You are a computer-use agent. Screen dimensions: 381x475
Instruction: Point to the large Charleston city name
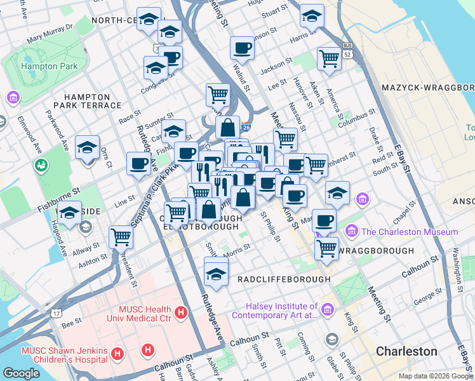[406, 351]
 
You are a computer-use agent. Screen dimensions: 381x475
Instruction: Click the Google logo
[21, 373]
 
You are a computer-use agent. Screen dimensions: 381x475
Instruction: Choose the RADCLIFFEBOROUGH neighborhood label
[284, 279]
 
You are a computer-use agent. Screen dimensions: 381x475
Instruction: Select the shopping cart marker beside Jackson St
[329, 58]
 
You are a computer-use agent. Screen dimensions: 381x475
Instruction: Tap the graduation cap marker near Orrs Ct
[87, 148]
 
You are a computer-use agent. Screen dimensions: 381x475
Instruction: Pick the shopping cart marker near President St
[121, 237]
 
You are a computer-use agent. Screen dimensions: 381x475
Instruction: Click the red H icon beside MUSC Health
[181, 312]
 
